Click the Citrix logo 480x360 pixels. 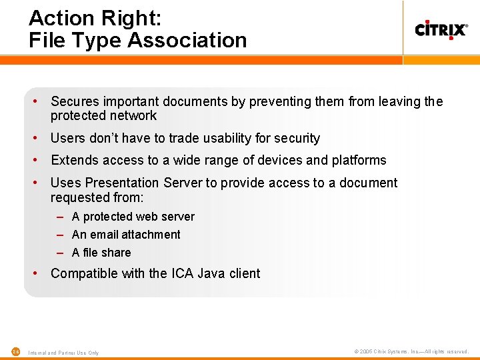[x=441, y=29]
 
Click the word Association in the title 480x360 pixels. [x=187, y=40]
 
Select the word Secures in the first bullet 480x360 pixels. [x=75, y=101]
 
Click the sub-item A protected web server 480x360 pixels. [x=133, y=217]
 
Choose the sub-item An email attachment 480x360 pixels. [x=126, y=235]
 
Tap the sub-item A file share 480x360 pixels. [x=101, y=253]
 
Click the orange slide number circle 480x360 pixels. [x=16, y=351]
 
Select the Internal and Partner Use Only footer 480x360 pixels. [x=64, y=353]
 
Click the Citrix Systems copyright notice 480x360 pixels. [x=411, y=351]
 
